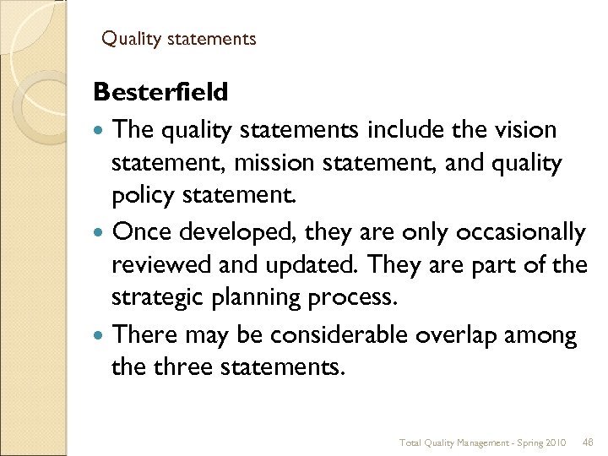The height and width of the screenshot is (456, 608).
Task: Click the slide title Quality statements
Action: click(179, 39)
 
